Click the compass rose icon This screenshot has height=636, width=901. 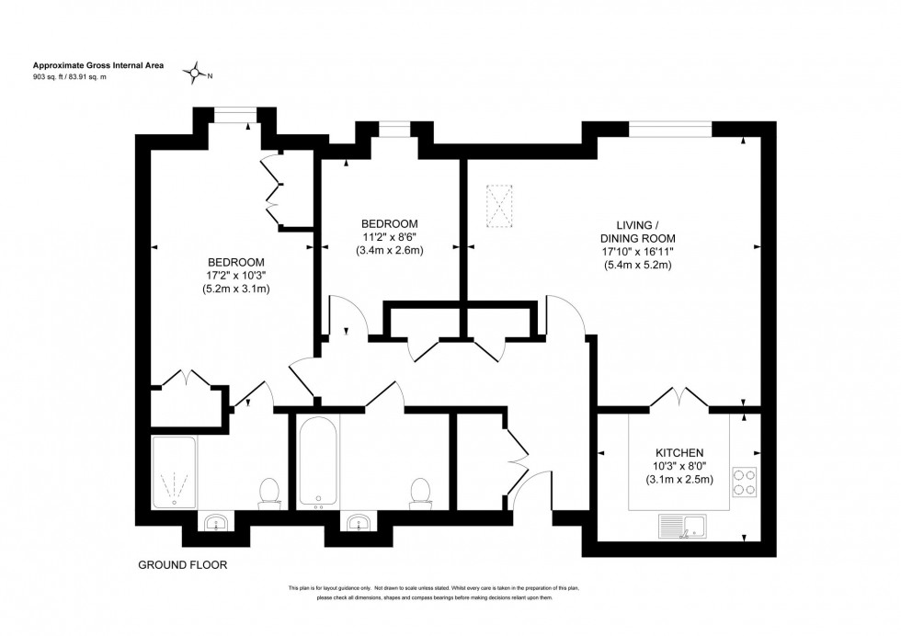194,71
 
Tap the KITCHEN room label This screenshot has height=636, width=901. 679,453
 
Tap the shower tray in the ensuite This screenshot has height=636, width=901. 173,472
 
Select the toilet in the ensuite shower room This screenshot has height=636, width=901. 270,493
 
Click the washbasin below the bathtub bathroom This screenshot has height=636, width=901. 357,524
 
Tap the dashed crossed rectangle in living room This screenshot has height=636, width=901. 501,206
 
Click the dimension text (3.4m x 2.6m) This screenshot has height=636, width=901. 390,251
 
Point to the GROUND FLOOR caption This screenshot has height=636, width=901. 182,564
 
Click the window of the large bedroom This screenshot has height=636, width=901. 234,114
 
